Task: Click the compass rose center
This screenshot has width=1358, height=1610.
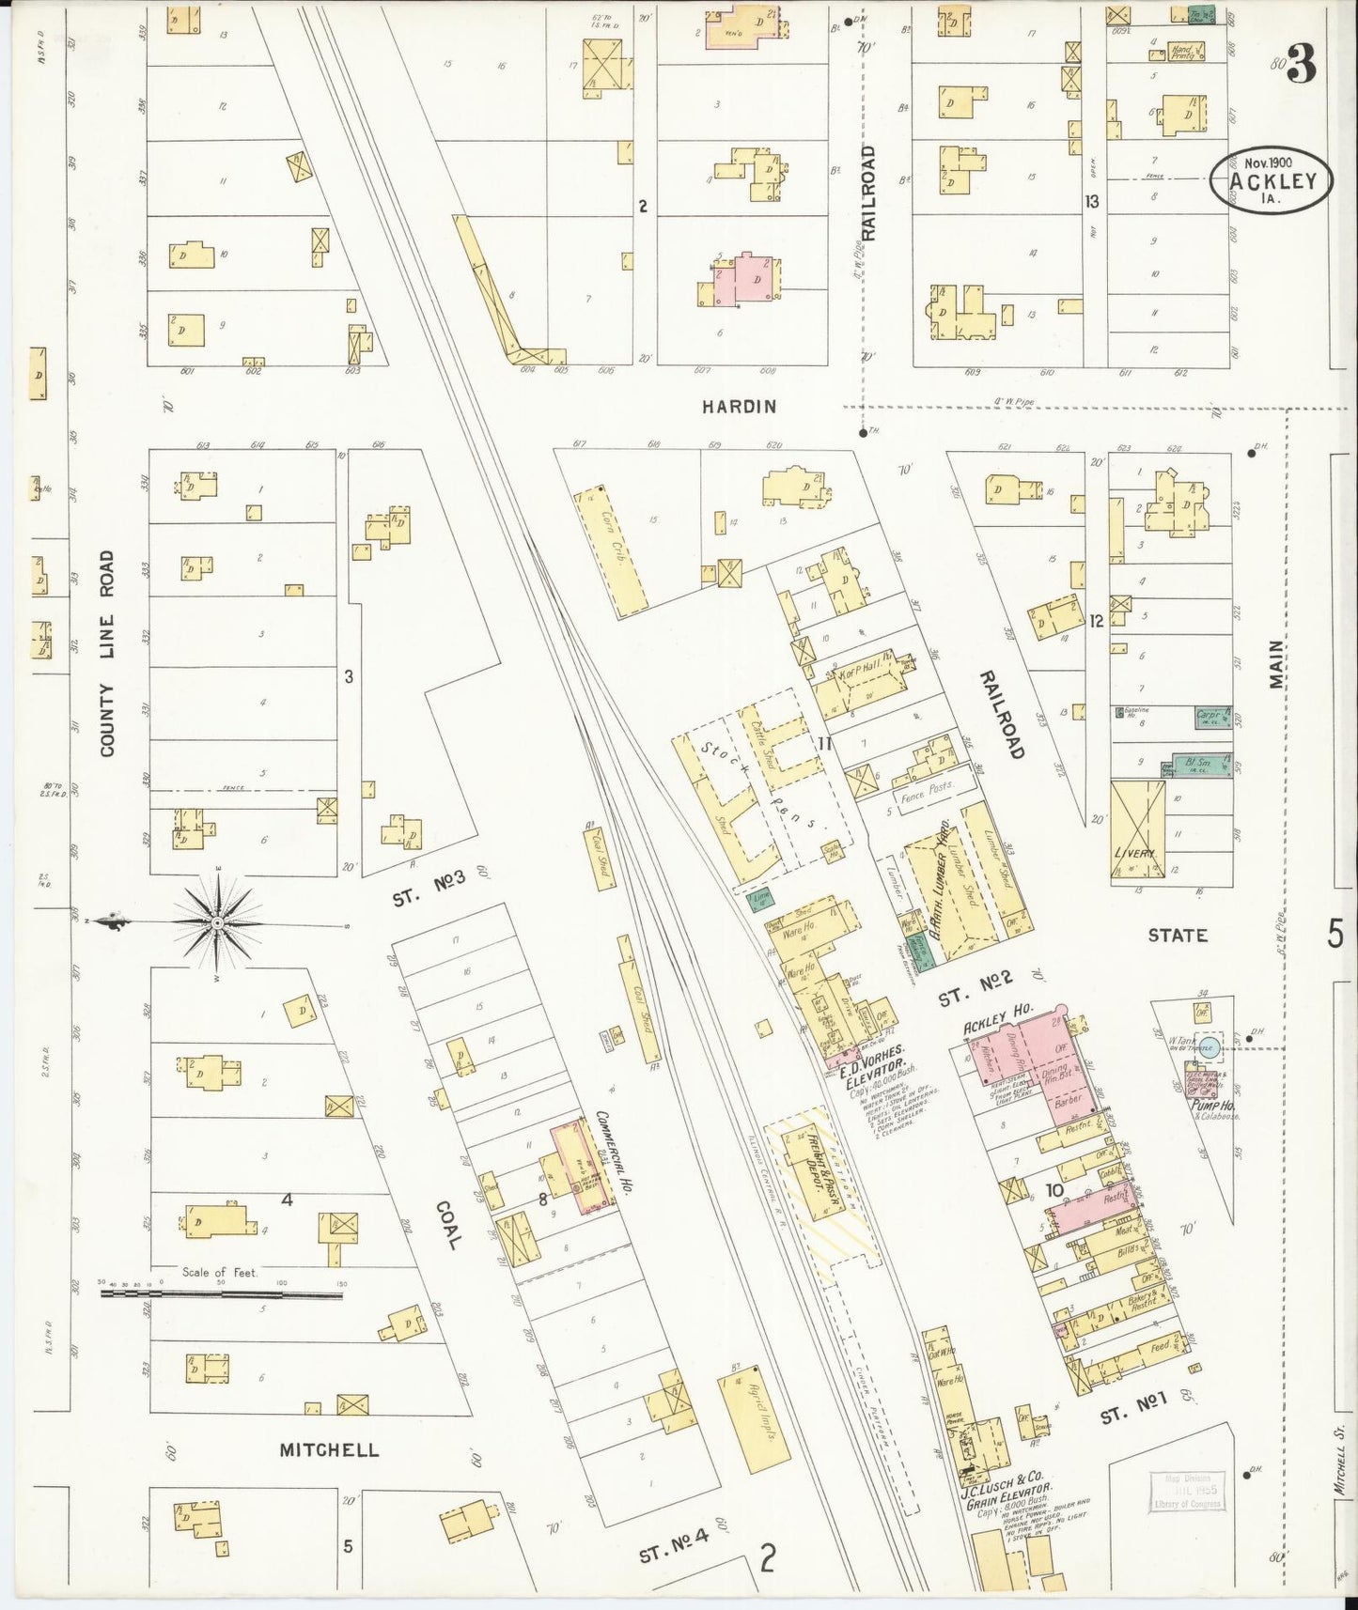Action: click(x=218, y=922)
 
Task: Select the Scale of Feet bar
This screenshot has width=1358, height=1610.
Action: click(x=222, y=1293)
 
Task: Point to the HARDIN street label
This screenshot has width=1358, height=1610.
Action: click(x=739, y=406)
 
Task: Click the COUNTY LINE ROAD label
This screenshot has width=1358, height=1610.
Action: click(x=106, y=653)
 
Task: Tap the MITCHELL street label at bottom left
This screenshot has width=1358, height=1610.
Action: click(x=329, y=1449)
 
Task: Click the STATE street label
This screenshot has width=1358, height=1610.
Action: click(x=1177, y=936)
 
